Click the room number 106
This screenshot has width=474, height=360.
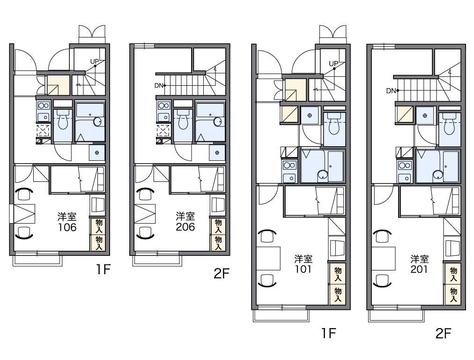tap(67, 227)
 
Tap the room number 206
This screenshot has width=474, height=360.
tap(185, 227)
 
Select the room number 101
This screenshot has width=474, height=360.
tap(303, 269)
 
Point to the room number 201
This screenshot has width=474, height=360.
tap(419, 269)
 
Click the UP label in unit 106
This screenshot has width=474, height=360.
tap(94, 61)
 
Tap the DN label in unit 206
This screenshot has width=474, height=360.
tap(159, 86)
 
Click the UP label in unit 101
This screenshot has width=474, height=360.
tap(333, 64)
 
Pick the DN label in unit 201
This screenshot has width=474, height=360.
tap(391, 90)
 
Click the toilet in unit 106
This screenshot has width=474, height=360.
tap(63, 120)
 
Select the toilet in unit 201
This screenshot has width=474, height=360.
tap(450, 124)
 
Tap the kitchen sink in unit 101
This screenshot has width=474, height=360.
tap(289, 178)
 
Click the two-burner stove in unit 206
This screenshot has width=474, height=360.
tap(163, 105)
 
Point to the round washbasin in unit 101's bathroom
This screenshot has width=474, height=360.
tap(322, 175)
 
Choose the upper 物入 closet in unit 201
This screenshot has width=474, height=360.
tap(453, 274)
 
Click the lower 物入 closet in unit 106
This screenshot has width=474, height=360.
tap(98, 243)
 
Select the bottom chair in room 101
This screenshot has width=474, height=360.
tap(267, 280)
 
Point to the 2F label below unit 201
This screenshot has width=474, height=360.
tap(443, 333)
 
